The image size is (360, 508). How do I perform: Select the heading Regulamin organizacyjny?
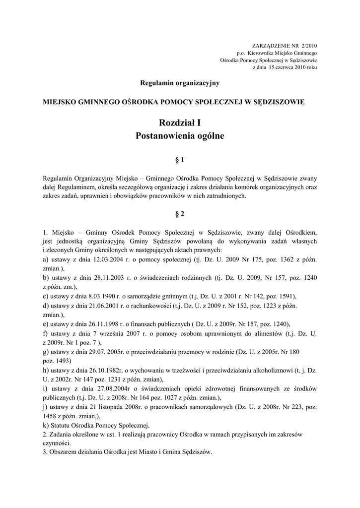pos(180,83)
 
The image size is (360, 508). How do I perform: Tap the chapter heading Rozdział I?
pos(180,123)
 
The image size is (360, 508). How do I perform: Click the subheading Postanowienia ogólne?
pos(180,135)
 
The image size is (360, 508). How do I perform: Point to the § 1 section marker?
pos(180,160)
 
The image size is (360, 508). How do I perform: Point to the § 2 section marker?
pos(180,214)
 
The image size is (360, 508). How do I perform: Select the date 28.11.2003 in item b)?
pos(105,277)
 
